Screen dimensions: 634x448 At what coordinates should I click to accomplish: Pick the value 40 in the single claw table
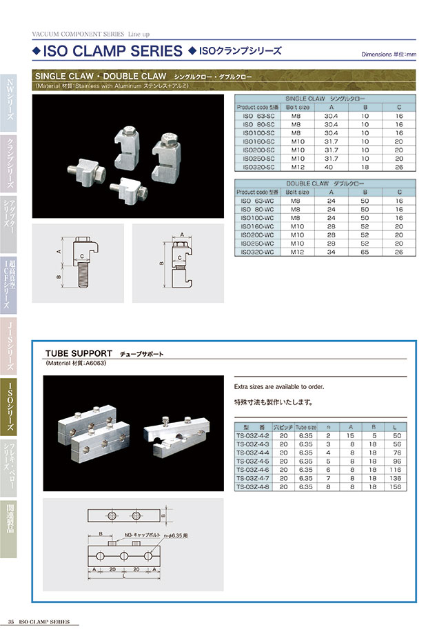[x=332, y=166]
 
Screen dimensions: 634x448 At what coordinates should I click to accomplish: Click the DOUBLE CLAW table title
[x=325, y=184]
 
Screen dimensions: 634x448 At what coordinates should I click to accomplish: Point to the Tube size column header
[x=306, y=428]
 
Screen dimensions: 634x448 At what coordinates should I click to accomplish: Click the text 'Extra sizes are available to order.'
[x=279, y=387]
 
